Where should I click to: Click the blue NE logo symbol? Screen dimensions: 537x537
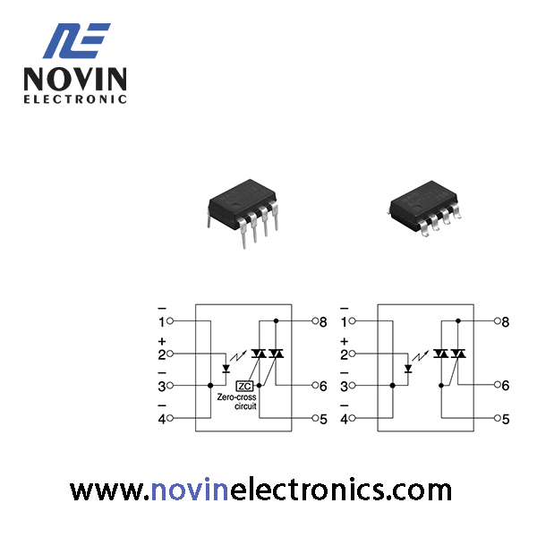pos(76,41)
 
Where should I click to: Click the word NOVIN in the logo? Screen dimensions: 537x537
pos(75,79)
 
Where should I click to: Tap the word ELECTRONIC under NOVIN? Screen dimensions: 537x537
pos(75,99)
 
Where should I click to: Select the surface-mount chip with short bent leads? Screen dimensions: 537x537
pos(425,209)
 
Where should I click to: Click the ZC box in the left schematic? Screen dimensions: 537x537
pos(244,386)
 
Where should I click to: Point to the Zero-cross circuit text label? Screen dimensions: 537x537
pos(236,402)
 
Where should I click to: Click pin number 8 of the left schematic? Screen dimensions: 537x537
pos(323,322)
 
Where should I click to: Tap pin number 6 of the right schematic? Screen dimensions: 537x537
pos(506,386)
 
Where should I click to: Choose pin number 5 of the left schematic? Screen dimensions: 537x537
pos(323,419)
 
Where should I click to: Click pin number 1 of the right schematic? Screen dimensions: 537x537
pos(344,322)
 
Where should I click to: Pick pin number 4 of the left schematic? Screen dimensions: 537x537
pos(162,419)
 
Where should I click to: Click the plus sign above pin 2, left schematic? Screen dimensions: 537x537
pos(162,342)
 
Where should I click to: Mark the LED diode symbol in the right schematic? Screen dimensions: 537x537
pos(408,369)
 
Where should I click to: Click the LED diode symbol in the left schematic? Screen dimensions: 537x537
pos(226,369)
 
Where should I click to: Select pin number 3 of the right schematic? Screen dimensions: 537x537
pos(344,387)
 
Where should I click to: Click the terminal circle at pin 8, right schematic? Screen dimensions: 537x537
pos(498,321)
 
